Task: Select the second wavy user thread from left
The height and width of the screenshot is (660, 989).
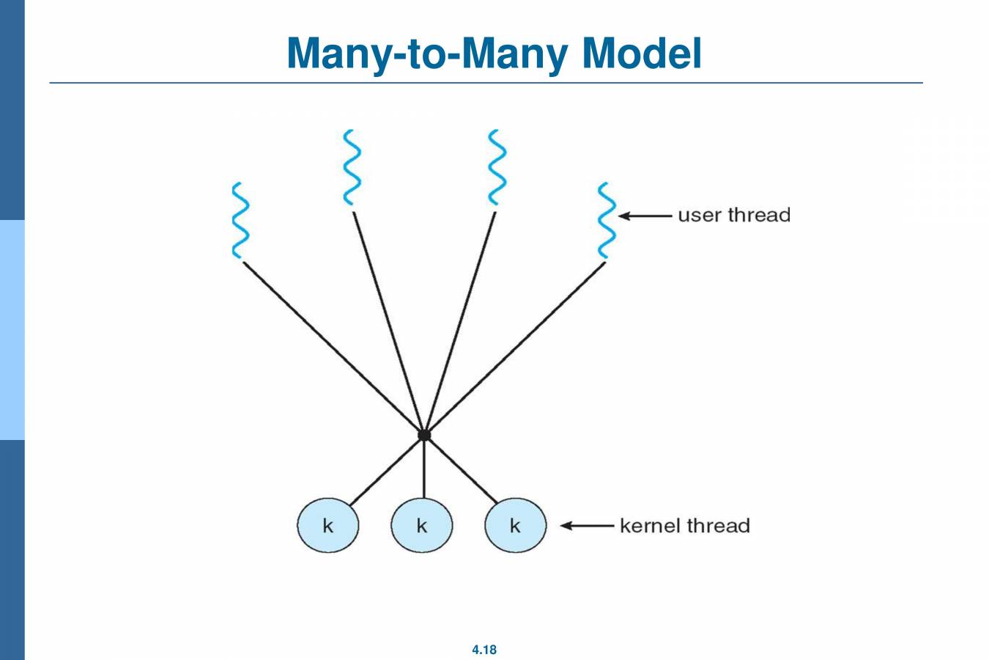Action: coord(352,167)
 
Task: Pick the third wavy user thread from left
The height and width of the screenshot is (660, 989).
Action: coord(497,167)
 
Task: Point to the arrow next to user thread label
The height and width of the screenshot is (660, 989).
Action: coord(645,216)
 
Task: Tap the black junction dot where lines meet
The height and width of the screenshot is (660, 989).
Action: coord(424,436)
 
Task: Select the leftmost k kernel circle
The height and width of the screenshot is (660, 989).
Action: coord(327,526)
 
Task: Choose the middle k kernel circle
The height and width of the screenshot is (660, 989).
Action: coord(421,526)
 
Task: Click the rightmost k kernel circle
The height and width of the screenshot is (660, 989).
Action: coord(515,526)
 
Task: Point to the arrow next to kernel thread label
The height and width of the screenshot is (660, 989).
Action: coord(587,526)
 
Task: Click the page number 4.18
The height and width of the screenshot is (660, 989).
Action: coord(484,650)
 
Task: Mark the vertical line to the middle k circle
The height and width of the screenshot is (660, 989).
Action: coord(424,469)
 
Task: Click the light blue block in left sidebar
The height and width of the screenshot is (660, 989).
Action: coord(12,330)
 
